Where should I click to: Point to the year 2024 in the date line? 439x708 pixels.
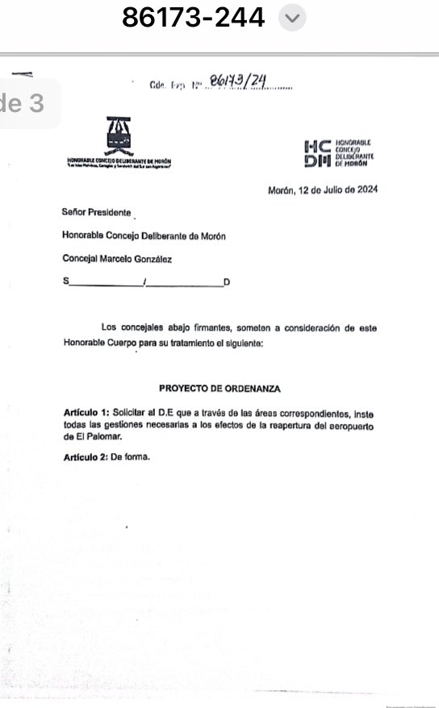[363, 191]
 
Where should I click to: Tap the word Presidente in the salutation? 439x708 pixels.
[107, 213]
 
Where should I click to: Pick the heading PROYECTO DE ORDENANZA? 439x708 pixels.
[219, 389]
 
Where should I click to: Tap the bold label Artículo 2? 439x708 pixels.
[86, 458]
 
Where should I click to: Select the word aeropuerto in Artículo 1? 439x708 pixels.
[353, 425]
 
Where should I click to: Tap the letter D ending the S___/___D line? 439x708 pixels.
[227, 282]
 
